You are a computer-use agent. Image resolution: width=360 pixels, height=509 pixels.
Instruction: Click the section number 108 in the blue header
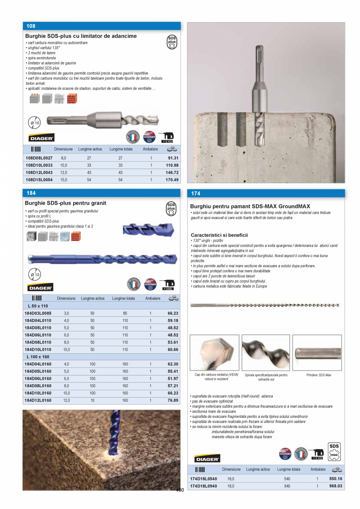[31, 26]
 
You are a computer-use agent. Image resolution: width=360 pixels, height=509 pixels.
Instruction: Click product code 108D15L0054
[39, 180]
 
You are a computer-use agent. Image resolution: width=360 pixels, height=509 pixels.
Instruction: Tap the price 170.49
[172, 180]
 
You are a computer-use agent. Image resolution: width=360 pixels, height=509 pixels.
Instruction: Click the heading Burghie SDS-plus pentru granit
[65, 203]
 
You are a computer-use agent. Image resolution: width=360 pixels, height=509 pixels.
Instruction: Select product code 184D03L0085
[38, 313]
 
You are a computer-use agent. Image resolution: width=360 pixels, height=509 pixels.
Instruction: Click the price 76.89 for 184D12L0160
[173, 400]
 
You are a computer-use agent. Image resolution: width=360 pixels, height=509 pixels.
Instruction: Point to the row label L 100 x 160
[38, 357]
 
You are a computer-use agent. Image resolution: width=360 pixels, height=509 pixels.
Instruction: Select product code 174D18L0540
[203, 478]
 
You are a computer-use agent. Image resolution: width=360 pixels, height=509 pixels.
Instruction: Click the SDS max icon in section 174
[334, 451]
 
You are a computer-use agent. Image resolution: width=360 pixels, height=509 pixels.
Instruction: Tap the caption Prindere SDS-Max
[319, 375]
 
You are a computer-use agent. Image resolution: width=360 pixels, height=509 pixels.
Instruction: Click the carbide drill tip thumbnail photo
[214, 353]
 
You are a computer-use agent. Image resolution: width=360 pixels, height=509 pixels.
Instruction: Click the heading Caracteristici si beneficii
[219, 235]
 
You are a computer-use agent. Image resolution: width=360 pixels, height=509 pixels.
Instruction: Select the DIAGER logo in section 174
[207, 458]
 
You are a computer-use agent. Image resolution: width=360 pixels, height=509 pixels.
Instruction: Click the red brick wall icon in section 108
[72, 99]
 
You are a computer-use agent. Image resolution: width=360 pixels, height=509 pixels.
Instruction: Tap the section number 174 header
[196, 193]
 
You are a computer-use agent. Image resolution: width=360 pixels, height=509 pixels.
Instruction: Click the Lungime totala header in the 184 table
[123, 298]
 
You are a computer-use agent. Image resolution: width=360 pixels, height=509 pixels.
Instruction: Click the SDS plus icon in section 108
[172, 42]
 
